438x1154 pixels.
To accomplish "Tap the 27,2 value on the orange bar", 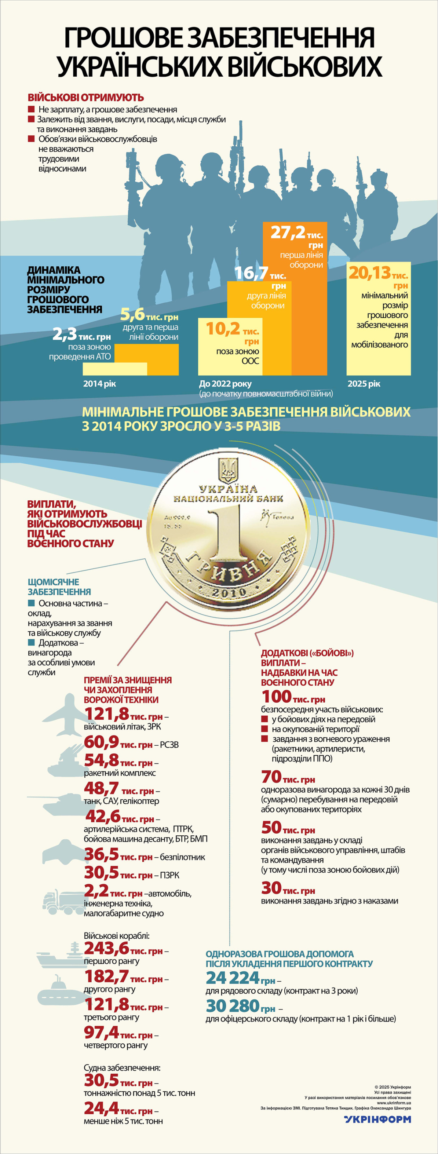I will (288, 232).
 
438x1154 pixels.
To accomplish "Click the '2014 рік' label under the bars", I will (99, 384).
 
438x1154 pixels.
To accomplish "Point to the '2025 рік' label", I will (364, 384).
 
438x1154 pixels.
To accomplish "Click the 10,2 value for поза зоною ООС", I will (223, 329).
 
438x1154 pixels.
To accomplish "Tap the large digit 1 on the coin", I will (228, 535).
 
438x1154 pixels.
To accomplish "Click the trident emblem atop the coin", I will (228, 470).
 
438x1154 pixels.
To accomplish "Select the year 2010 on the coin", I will (228, 592).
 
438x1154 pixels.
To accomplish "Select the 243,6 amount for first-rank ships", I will (107, 948).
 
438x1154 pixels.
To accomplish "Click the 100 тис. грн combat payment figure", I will (276, 697).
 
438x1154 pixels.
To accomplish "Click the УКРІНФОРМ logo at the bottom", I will (378, 1119).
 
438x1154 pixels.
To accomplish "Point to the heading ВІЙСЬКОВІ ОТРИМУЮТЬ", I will (86, 97).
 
